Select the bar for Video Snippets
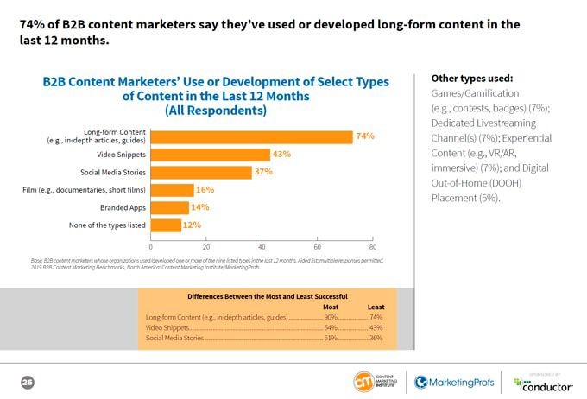point(210,155)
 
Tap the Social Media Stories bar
point(201,172)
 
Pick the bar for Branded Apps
point(170,207)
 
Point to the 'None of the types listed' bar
point(167,225)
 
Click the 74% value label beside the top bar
point(365,136)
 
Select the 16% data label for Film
point(205,190)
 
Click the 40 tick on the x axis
point(262,246)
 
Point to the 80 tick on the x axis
point(372,246)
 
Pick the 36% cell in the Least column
point(376,337)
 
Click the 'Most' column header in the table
point(330,307)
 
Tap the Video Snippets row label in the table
point(167,327)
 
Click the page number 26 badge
point(27,382)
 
